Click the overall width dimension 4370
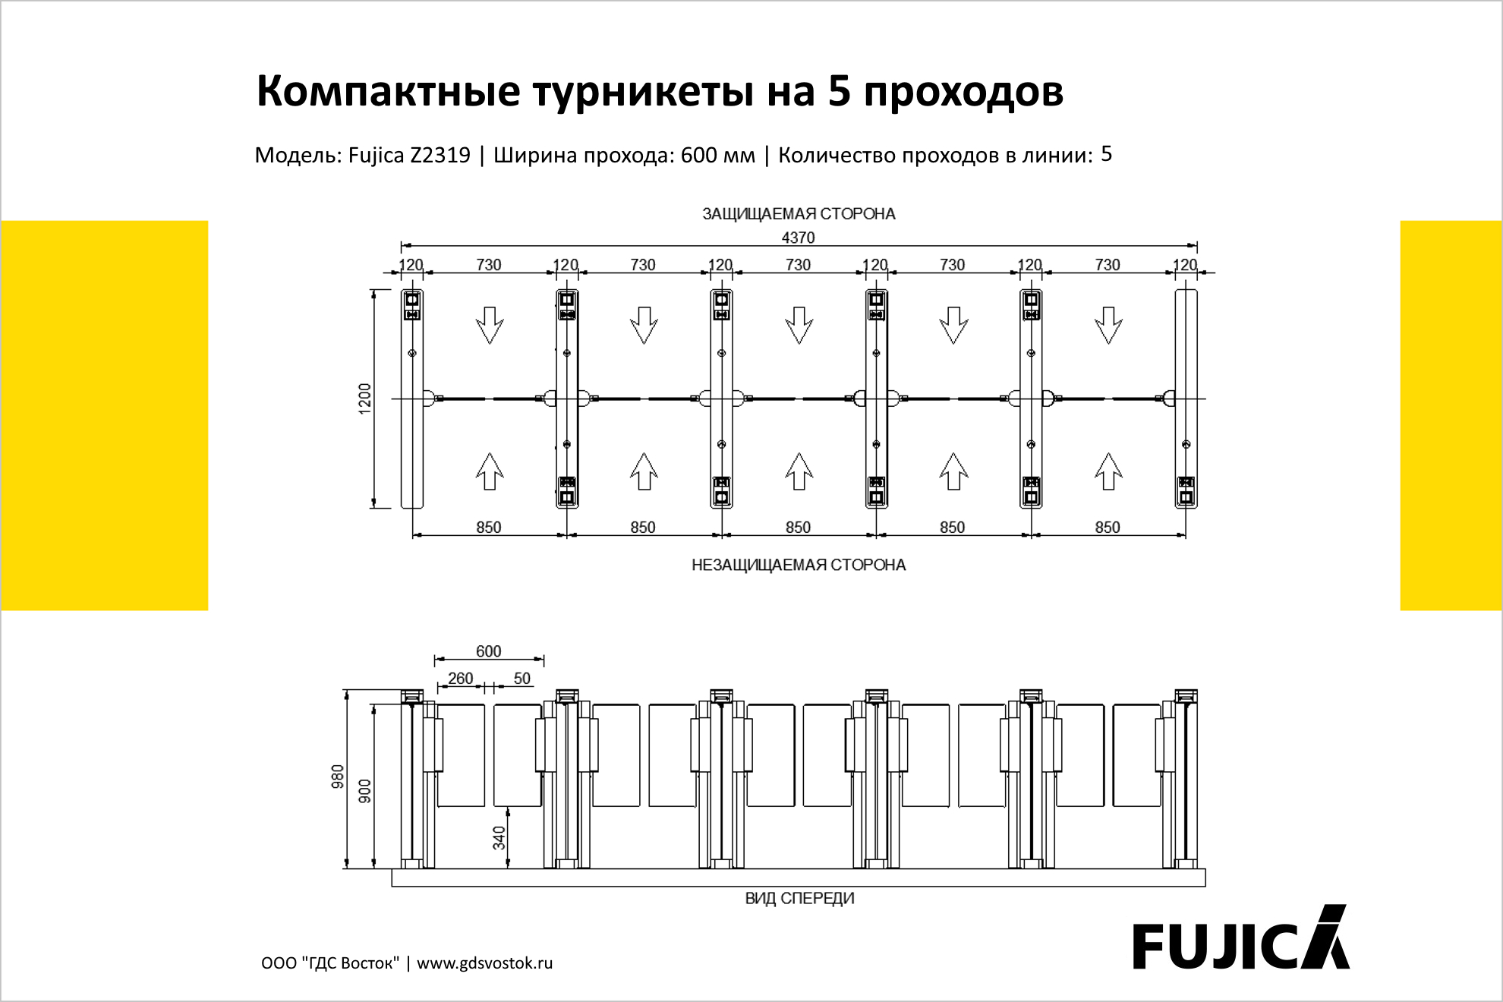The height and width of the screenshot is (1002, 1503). (x=798, y=238)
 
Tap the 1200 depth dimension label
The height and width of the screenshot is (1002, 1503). (x=365, y=399)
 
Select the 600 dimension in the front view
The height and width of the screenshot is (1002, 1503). (x=488, y=651)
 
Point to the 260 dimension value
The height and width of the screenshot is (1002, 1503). (x=460, y=678)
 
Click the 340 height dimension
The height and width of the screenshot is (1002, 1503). (x=499, y=838)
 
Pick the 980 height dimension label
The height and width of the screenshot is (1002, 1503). (x=338, y=777)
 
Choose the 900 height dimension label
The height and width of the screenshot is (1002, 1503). (x=365, y=791)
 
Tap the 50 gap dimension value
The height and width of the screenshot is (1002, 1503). (x=522, y=678)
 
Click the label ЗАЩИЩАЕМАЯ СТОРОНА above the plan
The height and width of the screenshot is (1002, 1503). (x=799, y=214)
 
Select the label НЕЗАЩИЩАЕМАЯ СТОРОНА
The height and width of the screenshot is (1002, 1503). (x=799, y=565)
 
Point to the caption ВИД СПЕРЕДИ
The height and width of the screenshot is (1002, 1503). (x=799, y=898)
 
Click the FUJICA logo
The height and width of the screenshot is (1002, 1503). (x=1241, y=937)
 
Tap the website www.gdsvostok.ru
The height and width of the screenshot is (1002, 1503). (x=484, y=963)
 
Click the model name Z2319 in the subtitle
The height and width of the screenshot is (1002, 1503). (x=440, y=155)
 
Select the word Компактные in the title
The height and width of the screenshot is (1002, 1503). (x=389, y=91)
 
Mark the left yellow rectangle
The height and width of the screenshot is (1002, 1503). (x=104, y=415)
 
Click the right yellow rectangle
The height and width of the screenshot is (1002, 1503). (x=1451, y=415)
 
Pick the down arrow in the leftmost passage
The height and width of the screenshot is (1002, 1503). (x=490, y=325)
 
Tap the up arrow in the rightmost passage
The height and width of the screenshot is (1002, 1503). (x=1108, y=471)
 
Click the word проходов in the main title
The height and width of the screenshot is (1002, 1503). (x=963, y=91)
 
